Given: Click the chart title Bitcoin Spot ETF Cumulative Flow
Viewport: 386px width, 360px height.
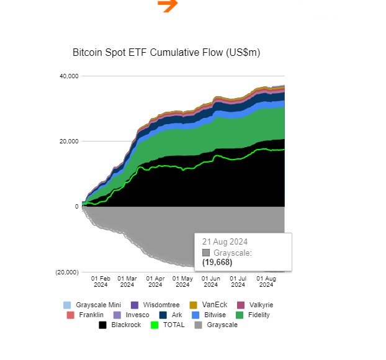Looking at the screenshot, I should pyautogui.click(x=166, y=53).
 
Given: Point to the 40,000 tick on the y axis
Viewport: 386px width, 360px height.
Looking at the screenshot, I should pyautogui.click(x=68, y=76).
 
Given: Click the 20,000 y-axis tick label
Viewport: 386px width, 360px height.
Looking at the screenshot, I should pyautogui.click(x=68, y=142).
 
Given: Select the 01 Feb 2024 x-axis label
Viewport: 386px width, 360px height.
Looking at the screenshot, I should pyautogui.click(x=101, y=281).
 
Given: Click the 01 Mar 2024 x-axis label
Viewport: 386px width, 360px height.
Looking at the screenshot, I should pyautogui.click(x=127, y=281).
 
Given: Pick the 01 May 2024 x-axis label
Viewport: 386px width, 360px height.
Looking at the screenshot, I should pyautogui.click(x=182, y=281).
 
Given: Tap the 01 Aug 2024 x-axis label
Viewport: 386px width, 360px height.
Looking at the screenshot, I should pyautogui.click(x=266, y=281).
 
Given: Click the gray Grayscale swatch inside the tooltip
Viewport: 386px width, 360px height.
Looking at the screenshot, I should pyautogui.click(x=206, y=253).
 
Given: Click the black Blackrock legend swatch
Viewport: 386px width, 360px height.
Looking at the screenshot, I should pyautogui.click(x=103, y=325).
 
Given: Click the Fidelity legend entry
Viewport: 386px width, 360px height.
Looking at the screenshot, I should pyautogui.click(x=254, y=315).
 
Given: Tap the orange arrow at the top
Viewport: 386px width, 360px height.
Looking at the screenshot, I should pyautogui.click(x=168, y=5).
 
